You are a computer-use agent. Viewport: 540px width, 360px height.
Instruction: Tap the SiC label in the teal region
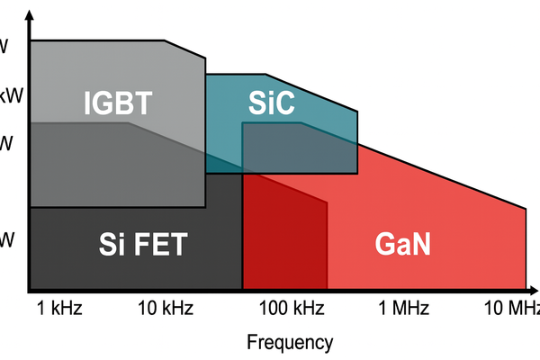coord(271,103)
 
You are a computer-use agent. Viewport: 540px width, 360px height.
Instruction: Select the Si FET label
coord(141,244)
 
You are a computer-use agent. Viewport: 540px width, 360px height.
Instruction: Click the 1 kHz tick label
coord(60,310)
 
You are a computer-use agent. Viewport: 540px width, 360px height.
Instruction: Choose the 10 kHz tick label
coord(166,310)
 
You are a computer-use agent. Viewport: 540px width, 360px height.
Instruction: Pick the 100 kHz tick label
coord(285,310)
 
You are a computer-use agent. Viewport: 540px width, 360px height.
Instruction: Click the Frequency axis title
coord(290,342)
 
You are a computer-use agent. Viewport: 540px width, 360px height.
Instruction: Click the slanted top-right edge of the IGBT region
coord(186,57)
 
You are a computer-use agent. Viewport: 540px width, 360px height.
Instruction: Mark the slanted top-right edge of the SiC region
coord(311,93)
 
